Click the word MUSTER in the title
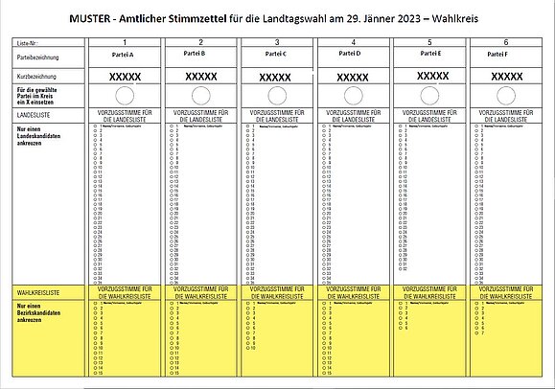pyautogui.click(x=91, y=18)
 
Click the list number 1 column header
pyautogui.click(x=125, y=44)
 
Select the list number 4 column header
pyautogui.click(x=354, y=44)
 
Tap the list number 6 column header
pyautogui.click(x=505, y=44)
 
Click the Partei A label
pyautogui.click(x=125, y=56)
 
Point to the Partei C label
pyautogui.click(x=277, y=56)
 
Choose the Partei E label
pyautogui.click(x=430, y=56)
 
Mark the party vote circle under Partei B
pyautogui.click(x=200, y=94)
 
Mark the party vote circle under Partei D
pyautogui.click(x=354, y=94)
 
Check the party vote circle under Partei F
pyautogui.click(x=505, y=94)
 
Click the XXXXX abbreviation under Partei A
pyautogui.click(x=125, y=76)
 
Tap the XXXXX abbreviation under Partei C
pyautogui.click(x=277, y=76)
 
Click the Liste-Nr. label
pyautogui.click(x=28, y=44)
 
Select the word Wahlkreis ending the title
pyautogui.click(x=455, y=18)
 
